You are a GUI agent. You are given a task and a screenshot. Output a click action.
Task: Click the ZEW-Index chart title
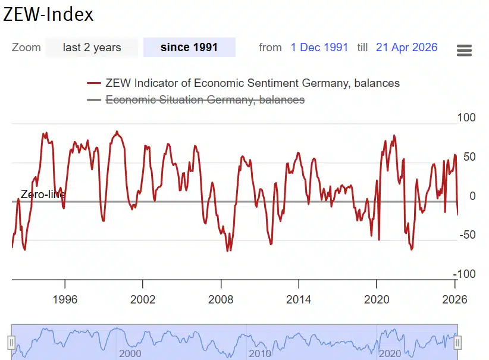click(x=49, y=14)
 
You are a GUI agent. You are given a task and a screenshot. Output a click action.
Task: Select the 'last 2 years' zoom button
click(x=92, y=48)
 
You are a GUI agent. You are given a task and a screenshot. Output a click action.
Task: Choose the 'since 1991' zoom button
click(x=189, y=48)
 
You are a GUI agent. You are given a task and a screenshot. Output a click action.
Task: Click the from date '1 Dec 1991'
click(x=319, y=48)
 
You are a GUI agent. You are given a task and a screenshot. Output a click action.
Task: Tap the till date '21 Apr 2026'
click(x=406, y=48)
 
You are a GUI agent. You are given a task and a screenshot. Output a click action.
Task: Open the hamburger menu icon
click(x=464, y=50)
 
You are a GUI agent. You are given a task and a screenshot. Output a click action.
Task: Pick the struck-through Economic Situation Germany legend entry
click(x=205, y=100)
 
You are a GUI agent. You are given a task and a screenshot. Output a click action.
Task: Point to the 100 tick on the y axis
click(x=466, y=118)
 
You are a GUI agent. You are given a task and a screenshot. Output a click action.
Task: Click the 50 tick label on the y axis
click(x=469, y=157)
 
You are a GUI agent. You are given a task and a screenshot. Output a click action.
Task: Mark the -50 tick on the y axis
click(x=468, y=235)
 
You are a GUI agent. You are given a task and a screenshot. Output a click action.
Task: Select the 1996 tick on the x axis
click(x=65, y=299)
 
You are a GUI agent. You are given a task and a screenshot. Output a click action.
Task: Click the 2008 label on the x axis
click(x=221, y=299)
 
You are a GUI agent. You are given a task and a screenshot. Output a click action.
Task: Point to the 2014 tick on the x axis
click(x=299, y=299)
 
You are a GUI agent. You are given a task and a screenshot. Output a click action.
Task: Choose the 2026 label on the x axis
click(x=454, y=299)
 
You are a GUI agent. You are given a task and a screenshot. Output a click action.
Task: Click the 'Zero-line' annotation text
click(x=43, y=195)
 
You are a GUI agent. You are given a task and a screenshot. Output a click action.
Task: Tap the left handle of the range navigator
click(x=11, y=342)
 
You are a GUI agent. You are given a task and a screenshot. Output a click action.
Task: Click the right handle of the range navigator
click(x=458, y=342)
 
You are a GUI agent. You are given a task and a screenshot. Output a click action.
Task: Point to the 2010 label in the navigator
click(x=260, y=353)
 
